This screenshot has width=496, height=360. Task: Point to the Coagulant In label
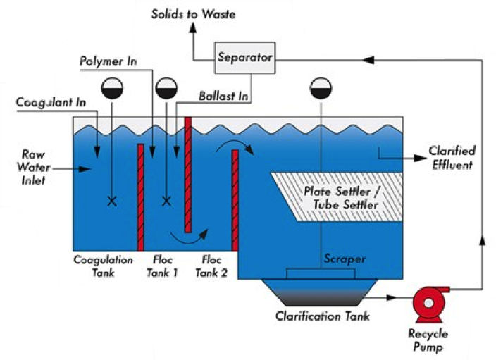point(52,102)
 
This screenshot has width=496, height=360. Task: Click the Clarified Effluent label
point(452,158)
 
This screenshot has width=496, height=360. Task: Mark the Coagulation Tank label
point(103,266)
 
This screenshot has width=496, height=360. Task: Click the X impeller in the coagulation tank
point(111,201)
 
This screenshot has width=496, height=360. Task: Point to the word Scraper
point(344,259)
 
